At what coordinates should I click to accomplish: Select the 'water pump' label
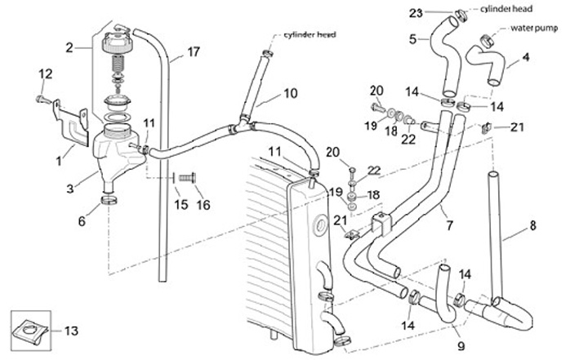pos(533,27)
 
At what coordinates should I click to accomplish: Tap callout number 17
pos(193,52)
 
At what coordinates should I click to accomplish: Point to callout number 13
pos(71,331)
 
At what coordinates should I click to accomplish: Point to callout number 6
pos(81,220)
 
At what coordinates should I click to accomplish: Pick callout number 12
pos(45,74)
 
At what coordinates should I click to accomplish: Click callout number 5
pos(412,38)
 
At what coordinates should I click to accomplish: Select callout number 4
pos(526,57)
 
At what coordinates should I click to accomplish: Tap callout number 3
pos(70,189)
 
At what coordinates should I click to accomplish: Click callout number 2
pos(69,47)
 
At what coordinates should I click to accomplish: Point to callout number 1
pos(58,161)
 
